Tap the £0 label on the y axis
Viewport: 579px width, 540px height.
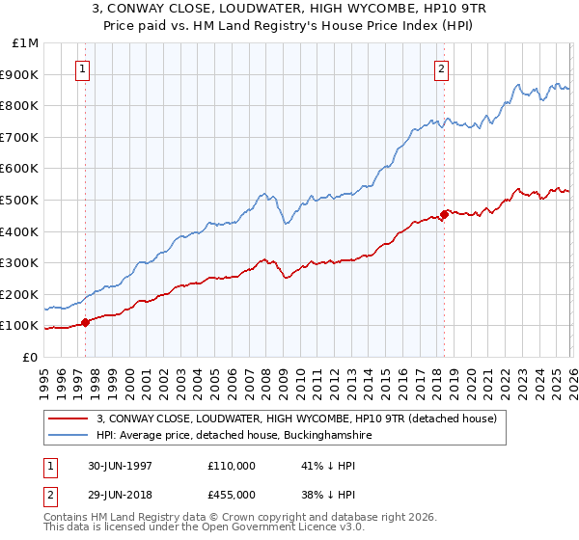30,357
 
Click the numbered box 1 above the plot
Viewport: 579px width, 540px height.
84,68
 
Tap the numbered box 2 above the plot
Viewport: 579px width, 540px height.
441,68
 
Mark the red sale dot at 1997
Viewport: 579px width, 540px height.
85,322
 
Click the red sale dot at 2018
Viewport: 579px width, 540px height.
444,214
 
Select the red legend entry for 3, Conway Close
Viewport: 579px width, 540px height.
296,418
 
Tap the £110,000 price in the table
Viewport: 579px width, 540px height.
232,465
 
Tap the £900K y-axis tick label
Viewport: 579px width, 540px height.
21,74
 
